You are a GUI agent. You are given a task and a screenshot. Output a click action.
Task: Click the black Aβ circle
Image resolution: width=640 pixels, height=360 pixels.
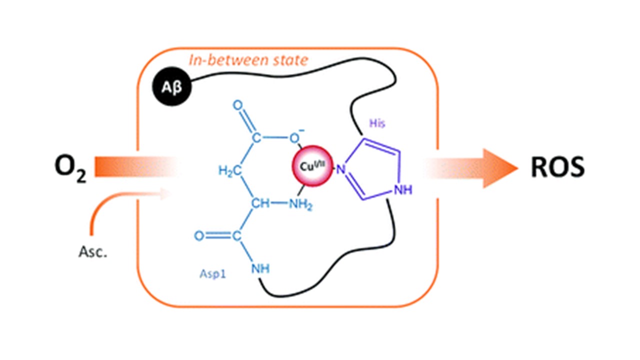coord(171,86)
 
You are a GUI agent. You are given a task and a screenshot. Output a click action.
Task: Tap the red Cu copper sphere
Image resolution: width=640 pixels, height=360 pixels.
coord(312,166)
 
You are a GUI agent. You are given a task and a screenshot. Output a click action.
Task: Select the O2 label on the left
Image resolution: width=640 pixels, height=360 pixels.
coord(70,168)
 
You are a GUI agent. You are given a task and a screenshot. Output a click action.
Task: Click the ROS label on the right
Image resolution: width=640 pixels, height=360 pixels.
coord(557,167)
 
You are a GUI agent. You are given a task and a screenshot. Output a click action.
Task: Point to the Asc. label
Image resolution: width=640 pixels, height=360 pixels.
coord(93,252)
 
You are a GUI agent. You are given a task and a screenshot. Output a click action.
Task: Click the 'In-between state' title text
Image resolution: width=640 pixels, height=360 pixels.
coord(248,60)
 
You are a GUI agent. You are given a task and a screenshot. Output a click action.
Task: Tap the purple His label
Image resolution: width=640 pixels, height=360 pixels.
coord(377,123)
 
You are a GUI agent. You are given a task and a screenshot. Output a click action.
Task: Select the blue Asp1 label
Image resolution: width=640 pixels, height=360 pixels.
coord(212,274)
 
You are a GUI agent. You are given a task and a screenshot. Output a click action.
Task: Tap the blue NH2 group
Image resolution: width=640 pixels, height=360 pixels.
coord(301,204)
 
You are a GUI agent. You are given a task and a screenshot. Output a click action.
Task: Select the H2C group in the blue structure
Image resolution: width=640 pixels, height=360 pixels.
coord(229,171)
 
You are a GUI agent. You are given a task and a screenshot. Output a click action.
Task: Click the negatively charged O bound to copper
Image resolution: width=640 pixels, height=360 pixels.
coord(295,137)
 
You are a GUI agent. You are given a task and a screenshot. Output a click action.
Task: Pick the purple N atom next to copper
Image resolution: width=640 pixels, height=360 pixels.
coord(340,169)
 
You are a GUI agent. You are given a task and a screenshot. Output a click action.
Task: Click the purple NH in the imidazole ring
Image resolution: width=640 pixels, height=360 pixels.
coord(403,189)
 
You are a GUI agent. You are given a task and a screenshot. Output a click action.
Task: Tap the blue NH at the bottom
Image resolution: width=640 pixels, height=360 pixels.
coord(260,268)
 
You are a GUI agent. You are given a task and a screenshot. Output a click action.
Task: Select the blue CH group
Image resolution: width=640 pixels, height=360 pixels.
coord(260,203)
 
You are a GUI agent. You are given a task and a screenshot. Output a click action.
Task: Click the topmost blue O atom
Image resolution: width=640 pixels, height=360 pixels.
coord(238,105)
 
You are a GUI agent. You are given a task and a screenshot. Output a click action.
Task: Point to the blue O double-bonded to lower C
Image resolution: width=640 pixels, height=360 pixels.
coord(199,236)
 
